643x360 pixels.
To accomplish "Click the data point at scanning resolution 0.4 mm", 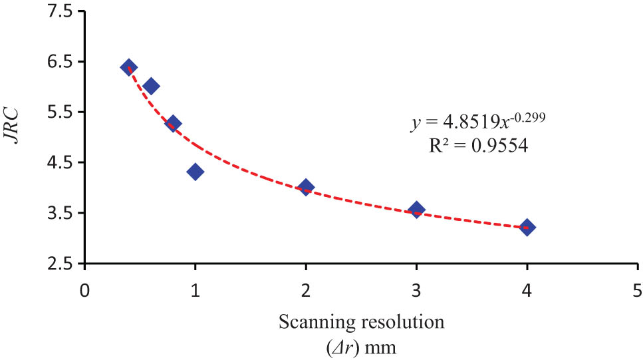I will (129, 67).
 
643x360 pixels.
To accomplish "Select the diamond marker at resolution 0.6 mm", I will (151, 86).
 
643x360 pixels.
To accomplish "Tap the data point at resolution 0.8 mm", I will (174, 123).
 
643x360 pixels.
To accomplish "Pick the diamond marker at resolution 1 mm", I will (195, 172).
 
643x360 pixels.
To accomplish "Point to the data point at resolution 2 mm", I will (306, 187).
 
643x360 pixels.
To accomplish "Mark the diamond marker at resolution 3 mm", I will (417, 210).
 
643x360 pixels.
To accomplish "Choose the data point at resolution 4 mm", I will (527, 227).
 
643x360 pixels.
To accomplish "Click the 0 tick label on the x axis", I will (84, 291).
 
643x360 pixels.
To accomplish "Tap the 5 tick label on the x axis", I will (638, 291).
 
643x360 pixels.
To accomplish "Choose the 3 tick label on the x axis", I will (416, 291).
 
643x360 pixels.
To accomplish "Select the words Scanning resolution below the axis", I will (362, 323).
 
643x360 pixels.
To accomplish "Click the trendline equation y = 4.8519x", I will (478, 124).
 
